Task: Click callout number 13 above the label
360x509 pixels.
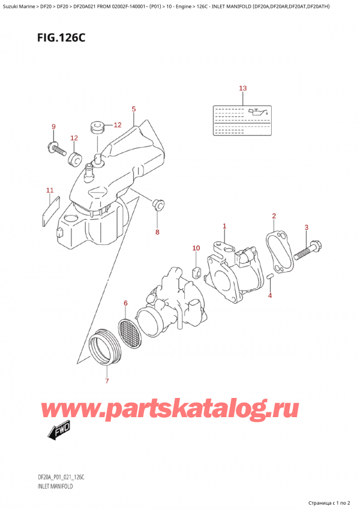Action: pyautogui.click(x=242, y=89)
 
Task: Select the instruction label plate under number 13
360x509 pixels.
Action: pyautogui.click(x=242, y=114)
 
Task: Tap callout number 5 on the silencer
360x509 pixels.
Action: pyautogui.click(x=133, y=109)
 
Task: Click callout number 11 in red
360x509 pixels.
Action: pyautogui.click(x=50, y=191)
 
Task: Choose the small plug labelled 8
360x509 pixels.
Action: pyautogui.click(x=158, y=205)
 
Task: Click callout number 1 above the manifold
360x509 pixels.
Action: pyautogui.click(x=224, y=226)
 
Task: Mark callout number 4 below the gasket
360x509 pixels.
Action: pyautogui.click(x=269, y=295)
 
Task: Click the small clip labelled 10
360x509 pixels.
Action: pyautogui.click(x=196, y=273)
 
